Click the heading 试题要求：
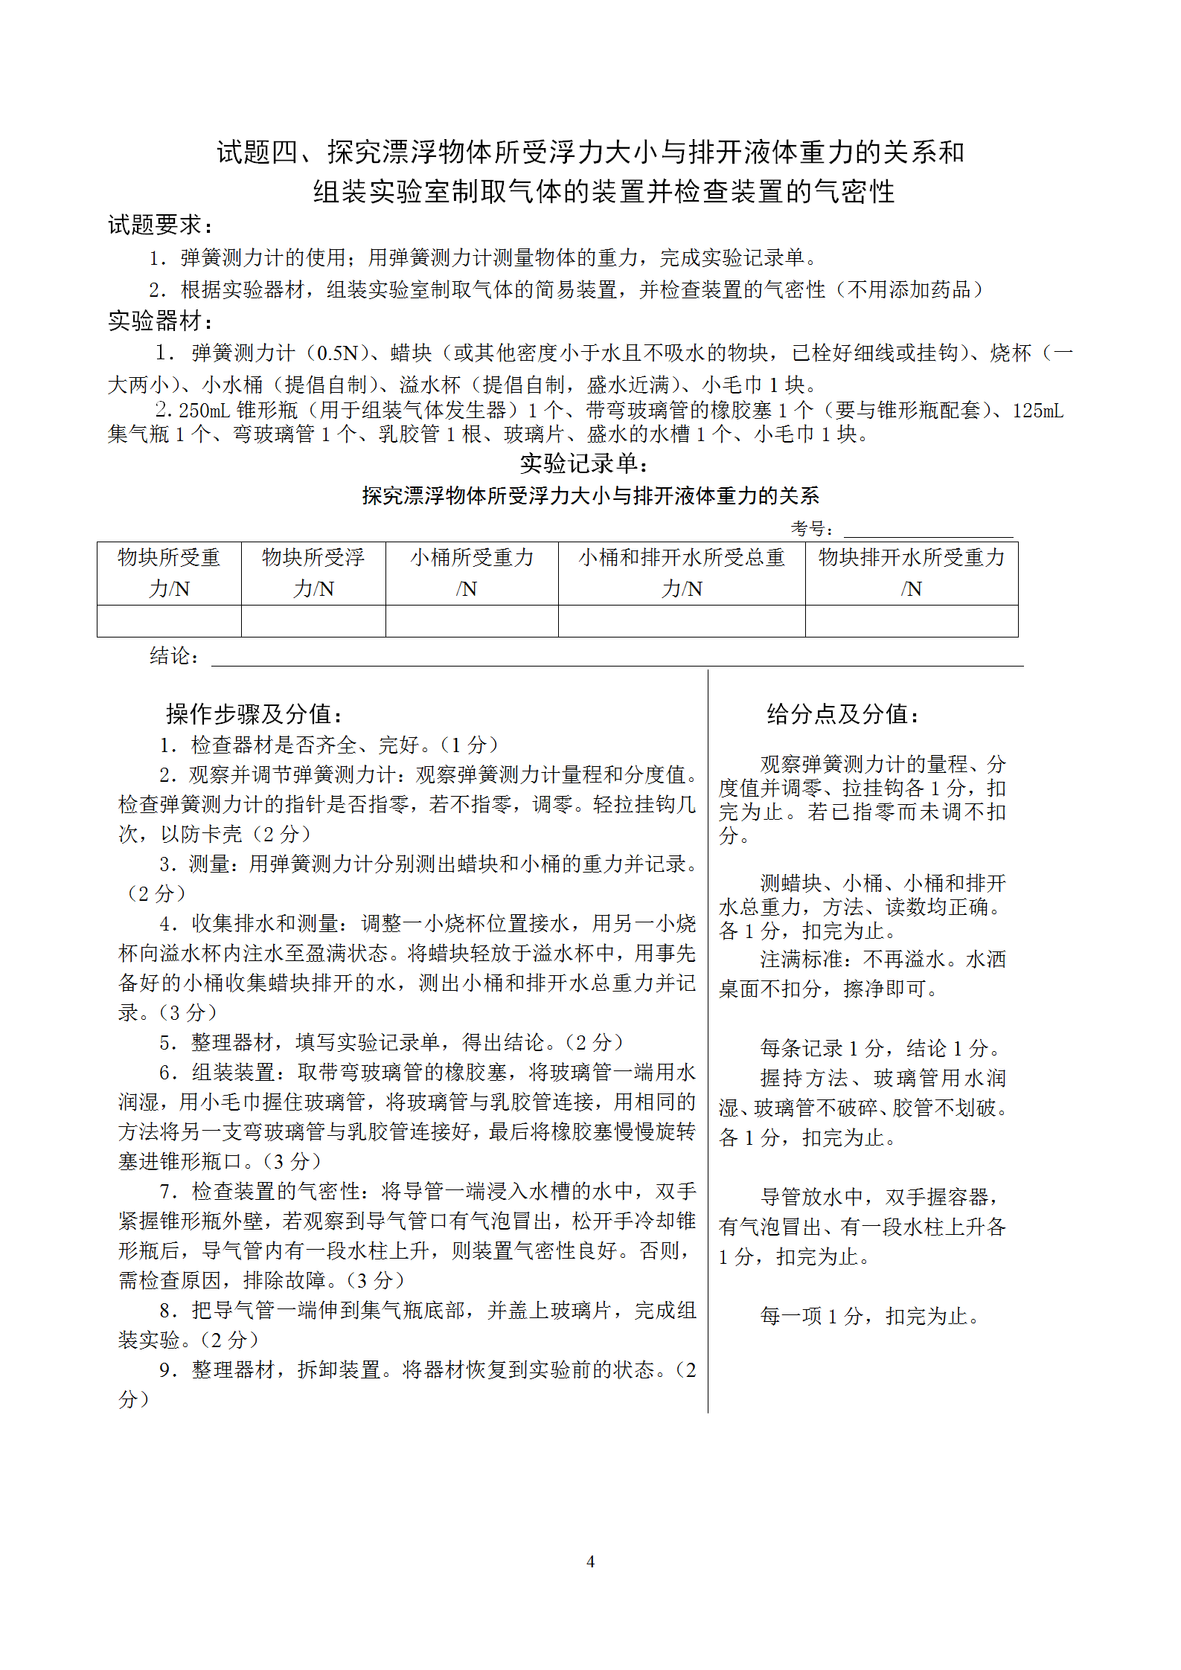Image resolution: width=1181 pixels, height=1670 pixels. pos(161,225)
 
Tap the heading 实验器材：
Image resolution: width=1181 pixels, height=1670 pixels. pos(161,321)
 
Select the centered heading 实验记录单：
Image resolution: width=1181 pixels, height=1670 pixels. pos(584,463)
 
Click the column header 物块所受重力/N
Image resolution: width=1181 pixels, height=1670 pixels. pos(169,573)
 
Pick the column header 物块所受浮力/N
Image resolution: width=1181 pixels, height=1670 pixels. pos(313,573)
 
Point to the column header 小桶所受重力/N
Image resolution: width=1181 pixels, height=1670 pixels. pos(472,573)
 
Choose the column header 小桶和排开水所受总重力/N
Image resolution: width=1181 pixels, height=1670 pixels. pos(682,573)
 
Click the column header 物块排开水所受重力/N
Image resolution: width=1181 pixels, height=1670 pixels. pos(912,573)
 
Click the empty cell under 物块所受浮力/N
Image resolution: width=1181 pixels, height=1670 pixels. pos(313,621)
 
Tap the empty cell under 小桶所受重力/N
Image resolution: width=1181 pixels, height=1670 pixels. pos(472,621)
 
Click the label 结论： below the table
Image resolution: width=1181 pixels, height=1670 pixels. pos(174,656)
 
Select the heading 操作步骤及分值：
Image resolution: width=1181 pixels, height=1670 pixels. pos(255,714)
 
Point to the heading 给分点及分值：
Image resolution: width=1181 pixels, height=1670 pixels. pos(844,714)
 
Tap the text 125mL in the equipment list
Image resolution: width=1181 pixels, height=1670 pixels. pos(1037,411)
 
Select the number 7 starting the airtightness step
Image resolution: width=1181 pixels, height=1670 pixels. pos(167,1192)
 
